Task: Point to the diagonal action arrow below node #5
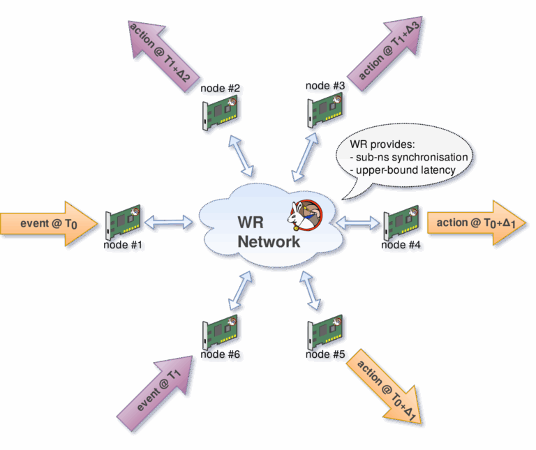[387, 387]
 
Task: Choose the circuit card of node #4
[401, 222]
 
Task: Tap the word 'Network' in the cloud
[269, 241]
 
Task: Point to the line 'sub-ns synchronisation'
[408, 158]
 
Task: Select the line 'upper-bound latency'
[405, 170]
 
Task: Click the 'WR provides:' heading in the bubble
[382, 144]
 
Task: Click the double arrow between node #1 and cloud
[168, 223]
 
